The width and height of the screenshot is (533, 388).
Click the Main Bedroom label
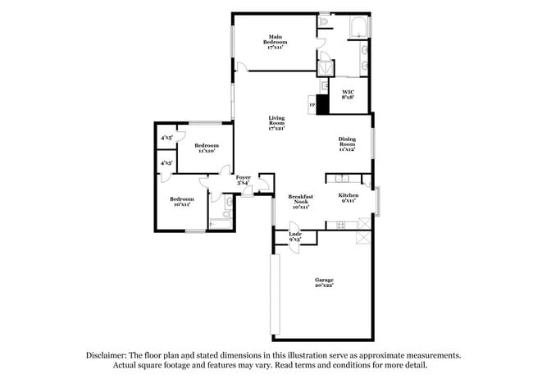click(x=276, y=42)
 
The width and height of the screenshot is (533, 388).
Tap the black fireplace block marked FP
click(x=322, y=104)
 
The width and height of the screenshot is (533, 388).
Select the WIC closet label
click(x=348, y=94)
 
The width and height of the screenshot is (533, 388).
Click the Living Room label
click(x=276, y=125)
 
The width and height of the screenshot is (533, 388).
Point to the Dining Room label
click(x=348, y=144)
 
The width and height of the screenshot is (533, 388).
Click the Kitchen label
click(x=348, y=198)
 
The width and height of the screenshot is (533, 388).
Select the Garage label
click(x=324, y=283)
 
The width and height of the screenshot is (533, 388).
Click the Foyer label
click(x=244, y=180)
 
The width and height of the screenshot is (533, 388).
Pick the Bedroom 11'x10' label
click(x=206, y=148)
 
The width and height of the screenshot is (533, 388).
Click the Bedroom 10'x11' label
click(x=181, y=201)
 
